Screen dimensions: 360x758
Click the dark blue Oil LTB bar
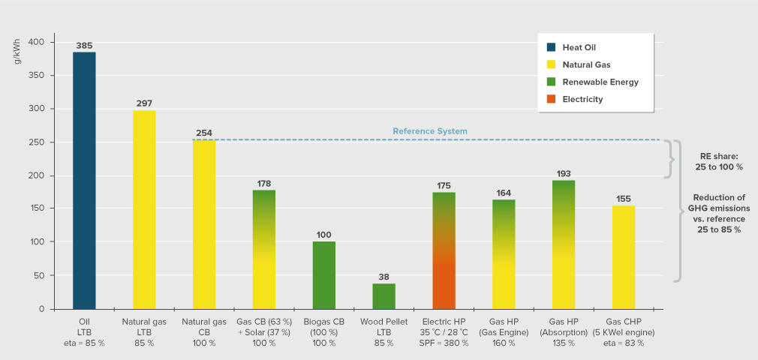[x=84, y=180]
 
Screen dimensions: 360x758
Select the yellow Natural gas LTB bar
[x=144, y=210]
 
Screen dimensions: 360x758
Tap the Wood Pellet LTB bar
[x=384, y=296]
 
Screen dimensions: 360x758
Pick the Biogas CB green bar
[x=323, y=275]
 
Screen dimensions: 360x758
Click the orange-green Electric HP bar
[x=444, y=250]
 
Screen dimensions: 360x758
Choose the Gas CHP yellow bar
[x=624, y=257]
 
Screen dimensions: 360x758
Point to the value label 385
[x=84, y=46]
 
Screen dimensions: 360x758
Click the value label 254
[x=204, y=133]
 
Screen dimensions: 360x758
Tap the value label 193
[x=564, y=174]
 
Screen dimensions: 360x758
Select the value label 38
[x=384, y=277]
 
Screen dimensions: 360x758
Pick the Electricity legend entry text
[x=582, y=99]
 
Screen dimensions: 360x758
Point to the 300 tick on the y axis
[x=38, y=109]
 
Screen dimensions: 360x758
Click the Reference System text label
[x=430, y=131]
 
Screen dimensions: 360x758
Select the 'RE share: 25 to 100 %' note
[x=718, y=161]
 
